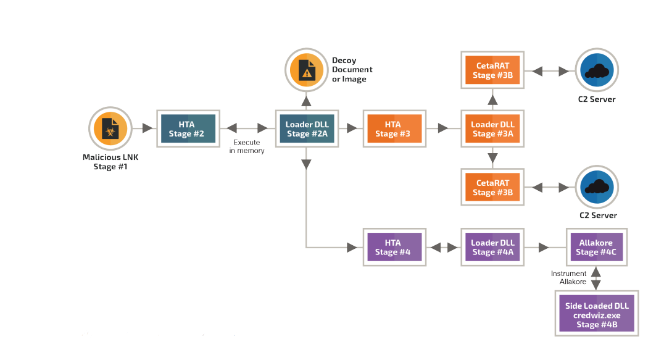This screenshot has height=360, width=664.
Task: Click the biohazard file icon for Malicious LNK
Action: tap(110, 128)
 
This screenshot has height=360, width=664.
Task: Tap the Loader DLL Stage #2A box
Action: tap(307, 129)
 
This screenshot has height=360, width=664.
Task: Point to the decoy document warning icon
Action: tap(306, 70)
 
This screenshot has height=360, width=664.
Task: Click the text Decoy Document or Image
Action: tap(352, 70)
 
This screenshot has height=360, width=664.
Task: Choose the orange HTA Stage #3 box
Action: tap(394, 129)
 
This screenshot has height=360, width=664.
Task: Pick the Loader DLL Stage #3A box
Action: tap(492, 129)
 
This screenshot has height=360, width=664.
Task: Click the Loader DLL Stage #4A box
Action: tap(492, 248)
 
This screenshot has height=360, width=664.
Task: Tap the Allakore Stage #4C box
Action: tap(597, 248)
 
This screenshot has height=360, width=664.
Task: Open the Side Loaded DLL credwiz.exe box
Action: tap(597, 314)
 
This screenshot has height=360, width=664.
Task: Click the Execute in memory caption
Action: tap(247, 146)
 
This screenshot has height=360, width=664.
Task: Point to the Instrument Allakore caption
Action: tap(569, 278)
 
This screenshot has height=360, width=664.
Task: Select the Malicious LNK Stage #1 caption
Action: tap(110, 162)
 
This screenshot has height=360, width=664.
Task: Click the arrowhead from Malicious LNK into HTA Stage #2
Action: tap(147, 128)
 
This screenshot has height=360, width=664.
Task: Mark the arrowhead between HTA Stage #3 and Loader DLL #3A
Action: tap(443, 128)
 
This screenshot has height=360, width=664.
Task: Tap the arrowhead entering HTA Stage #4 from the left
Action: tap(352, 248)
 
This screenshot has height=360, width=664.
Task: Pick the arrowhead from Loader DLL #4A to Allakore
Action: tap(544, 248)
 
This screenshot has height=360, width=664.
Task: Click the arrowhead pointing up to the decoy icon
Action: tap(306, 101)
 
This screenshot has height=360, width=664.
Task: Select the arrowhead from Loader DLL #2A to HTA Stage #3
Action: tap(352, 128)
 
